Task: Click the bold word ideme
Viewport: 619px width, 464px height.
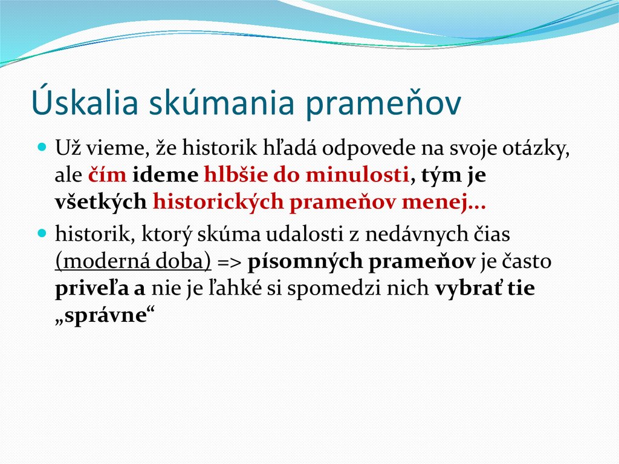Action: pyautogui.click(x=165, y=175)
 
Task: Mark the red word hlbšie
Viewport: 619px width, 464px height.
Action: pyautogui.click(x=232, y=175)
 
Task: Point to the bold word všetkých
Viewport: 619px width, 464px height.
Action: pyautogui.click(x=100, y=203)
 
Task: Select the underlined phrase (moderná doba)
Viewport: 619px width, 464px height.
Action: pyautogui.click(x=132, y=261)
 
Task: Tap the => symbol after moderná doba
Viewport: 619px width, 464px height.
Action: pyautogui.click(x=229, y=261)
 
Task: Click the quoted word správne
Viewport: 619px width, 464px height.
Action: pyautogui.click(x=102, y=316)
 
